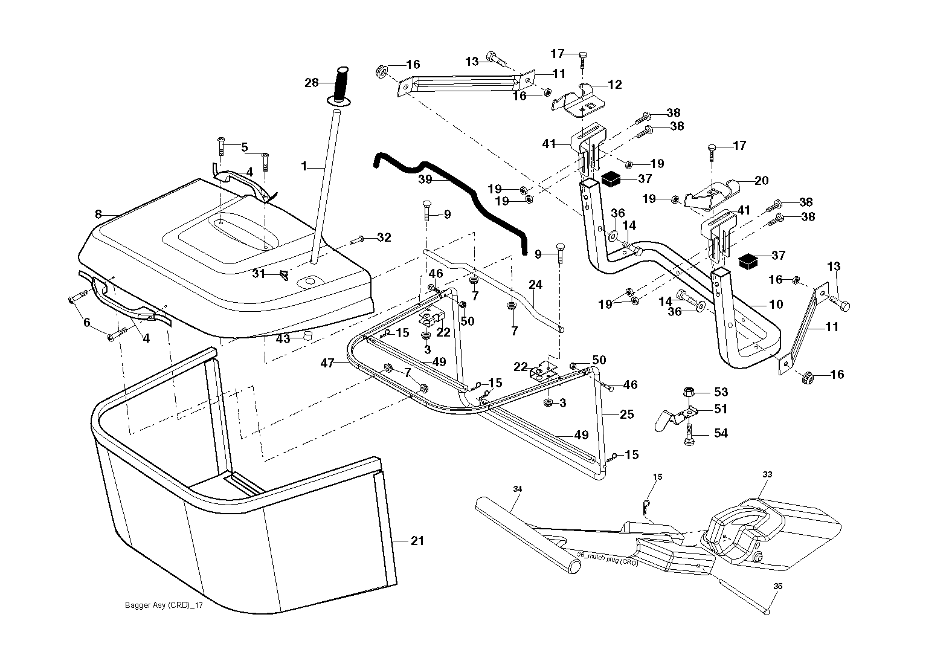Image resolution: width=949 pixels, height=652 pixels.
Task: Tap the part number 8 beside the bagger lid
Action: pos(98,215)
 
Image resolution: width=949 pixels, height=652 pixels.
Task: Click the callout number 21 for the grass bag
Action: pos(417,541)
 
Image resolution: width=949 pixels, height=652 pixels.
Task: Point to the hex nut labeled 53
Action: pos(689,392)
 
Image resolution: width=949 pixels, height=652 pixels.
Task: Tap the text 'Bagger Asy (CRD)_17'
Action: pos(164,605)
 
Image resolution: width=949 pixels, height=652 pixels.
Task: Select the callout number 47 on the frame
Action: pos(327,363)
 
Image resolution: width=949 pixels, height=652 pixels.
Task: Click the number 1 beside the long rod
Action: pos(303,167)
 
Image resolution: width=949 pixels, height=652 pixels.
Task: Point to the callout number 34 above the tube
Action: pos(517,489)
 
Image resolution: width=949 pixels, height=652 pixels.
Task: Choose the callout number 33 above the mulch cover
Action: pos(767,474)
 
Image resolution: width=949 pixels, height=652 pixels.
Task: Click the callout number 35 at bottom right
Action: pos(778,586)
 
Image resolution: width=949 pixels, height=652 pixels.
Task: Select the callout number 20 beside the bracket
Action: pos(761,181)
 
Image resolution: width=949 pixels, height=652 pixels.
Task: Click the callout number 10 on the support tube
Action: pos(776,305)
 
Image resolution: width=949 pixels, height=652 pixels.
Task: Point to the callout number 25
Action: pos(627,414)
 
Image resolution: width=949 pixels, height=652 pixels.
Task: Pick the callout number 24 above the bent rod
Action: pos(535,285)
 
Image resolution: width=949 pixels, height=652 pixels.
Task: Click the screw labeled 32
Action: pos(357,240)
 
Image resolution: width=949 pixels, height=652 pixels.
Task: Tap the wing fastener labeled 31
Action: pos(283,276)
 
